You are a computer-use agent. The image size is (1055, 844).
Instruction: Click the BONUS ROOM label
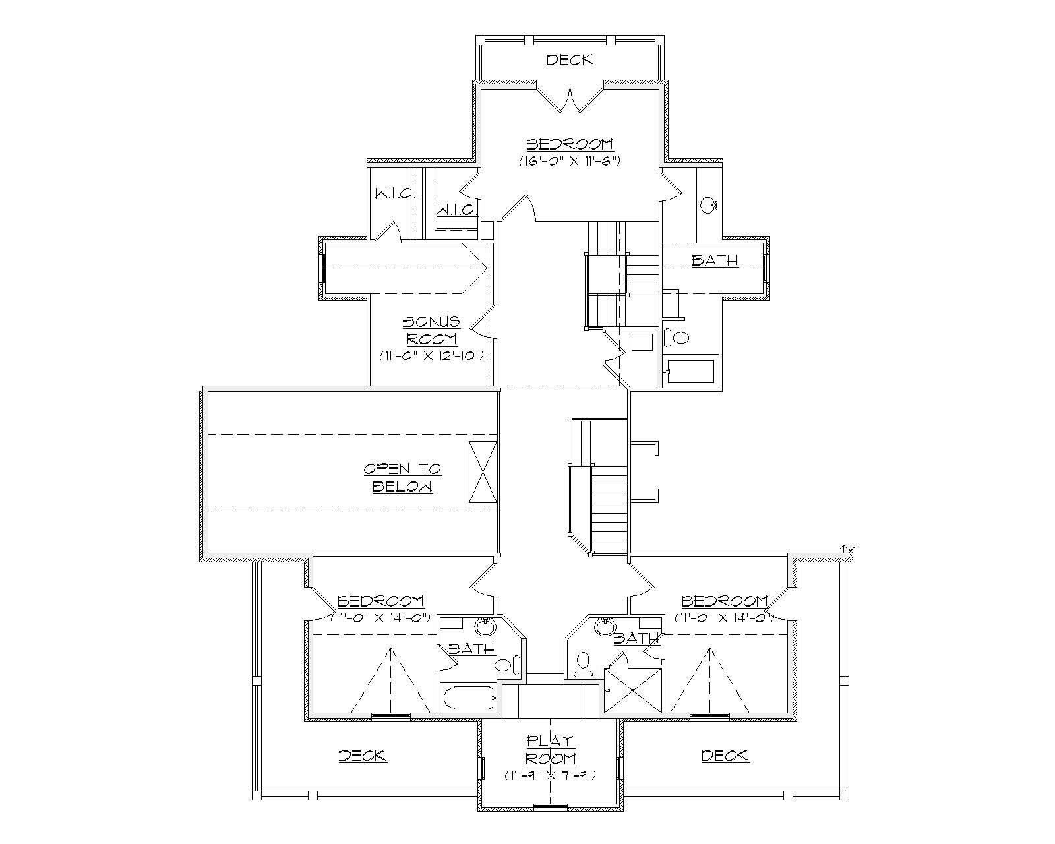[431, 330]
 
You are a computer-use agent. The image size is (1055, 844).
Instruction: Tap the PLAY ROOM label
[551, 750]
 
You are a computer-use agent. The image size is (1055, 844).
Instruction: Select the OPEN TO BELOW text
[402, 478]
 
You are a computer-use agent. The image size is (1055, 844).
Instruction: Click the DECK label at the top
[570, 60]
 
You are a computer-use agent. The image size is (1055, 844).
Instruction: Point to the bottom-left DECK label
[362, 756]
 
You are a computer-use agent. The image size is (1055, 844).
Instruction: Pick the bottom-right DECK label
[725, 756]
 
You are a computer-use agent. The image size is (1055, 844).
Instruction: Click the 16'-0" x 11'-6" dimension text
[569, 160]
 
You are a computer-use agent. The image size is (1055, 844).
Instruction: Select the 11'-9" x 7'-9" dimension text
[551, 775]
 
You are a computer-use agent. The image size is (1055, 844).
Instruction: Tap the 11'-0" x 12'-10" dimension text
[432, 355]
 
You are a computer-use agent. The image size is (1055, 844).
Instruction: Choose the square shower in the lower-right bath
[633, 690]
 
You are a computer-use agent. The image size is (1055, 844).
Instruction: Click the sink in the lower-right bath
[603, 626]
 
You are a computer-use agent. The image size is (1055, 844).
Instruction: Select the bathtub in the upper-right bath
[690, 371]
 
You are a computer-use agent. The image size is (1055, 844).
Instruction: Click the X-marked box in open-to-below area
[482, 473]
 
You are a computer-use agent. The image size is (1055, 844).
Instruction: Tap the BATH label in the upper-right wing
[714, 260]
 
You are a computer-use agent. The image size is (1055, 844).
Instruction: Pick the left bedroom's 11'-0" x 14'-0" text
[380, 618]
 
